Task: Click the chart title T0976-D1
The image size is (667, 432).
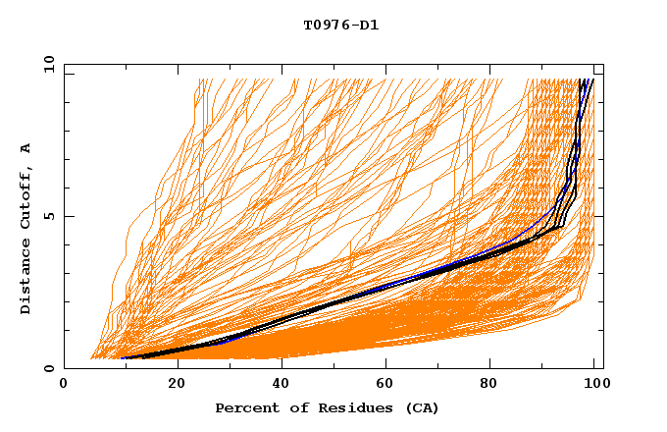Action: [x=341, y=25]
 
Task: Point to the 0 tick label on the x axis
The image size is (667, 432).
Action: [x=64, y=385]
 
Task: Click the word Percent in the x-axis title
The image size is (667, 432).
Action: [x=247, y=407]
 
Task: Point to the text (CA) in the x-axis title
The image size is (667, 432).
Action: [x=424, y=407]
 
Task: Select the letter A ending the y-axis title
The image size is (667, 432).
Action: [x=26, y=147]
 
